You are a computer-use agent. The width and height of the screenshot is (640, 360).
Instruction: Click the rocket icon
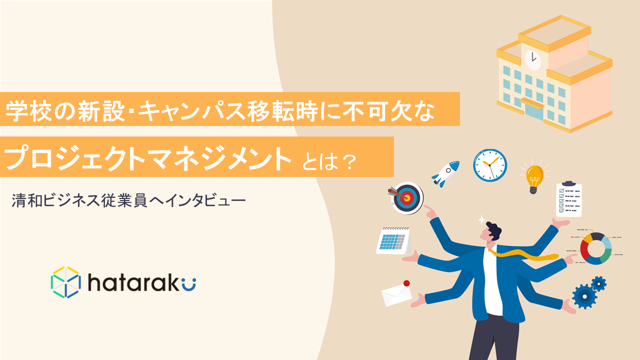(445, 173)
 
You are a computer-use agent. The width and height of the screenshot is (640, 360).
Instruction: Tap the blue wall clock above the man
(490, 165)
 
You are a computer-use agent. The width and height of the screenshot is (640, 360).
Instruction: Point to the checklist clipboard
(569, 199)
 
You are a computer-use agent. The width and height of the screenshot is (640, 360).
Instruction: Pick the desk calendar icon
(393, 241)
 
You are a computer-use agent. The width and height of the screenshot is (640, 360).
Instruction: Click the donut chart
(595, 248)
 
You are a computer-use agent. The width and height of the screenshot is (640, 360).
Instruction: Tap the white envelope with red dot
(397, 293)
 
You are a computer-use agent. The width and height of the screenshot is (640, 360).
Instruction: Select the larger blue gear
(584, 296)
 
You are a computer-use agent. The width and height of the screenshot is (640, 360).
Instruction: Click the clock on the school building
(533, 60)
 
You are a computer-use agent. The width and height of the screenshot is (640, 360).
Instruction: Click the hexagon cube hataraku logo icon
(65, 282)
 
